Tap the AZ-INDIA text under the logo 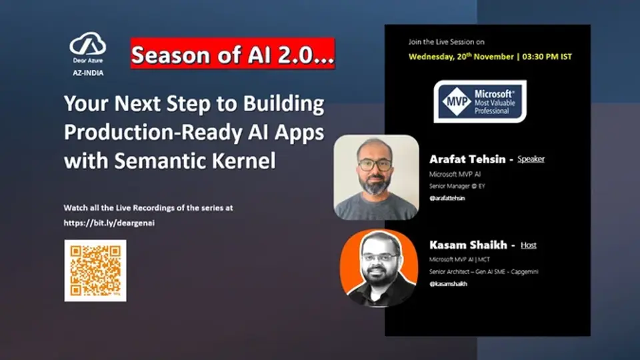[88, 73]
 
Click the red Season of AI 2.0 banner [233, 54]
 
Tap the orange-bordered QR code [95, 271]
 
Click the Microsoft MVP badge [480, 101]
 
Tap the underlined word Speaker [531, 159]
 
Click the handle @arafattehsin [447, 198]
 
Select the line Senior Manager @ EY [457, 186]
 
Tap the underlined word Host [529, 245]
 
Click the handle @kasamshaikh [449, 283]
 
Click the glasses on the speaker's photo [375, 165]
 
